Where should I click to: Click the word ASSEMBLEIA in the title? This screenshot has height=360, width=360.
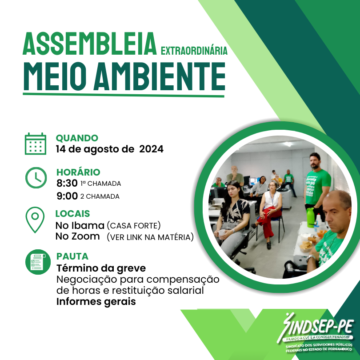coord(89,44)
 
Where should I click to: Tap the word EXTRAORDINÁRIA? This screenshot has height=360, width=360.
coord(194,50)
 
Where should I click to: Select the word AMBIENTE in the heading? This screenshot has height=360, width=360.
coord(160,76)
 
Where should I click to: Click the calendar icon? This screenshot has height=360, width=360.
coord(36,144)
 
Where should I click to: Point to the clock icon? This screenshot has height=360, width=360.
coord(36,178)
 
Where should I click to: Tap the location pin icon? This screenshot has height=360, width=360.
coord(35,220)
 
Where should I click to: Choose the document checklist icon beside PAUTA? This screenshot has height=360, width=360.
coord(38,262)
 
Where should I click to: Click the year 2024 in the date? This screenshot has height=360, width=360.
coord(151,149)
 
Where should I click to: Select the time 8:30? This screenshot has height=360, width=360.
coord(67,183)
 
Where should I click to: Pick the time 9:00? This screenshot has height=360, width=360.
coord(67,196)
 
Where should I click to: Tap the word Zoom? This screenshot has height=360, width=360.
coord(85,236)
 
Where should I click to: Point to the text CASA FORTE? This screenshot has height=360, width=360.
coord(134,226)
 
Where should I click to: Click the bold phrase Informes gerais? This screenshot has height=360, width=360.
coord(96,302)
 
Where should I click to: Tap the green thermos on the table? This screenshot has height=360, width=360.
coord(310,218)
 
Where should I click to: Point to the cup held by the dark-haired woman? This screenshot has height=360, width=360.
coord(222,233)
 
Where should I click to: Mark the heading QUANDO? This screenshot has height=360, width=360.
coord(77,138)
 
